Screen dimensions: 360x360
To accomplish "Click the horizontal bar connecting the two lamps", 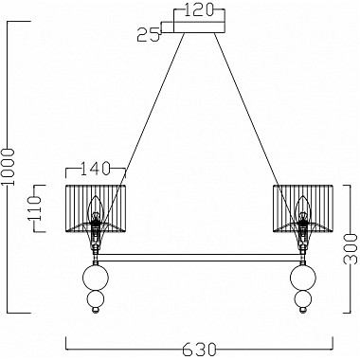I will point(199,257).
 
